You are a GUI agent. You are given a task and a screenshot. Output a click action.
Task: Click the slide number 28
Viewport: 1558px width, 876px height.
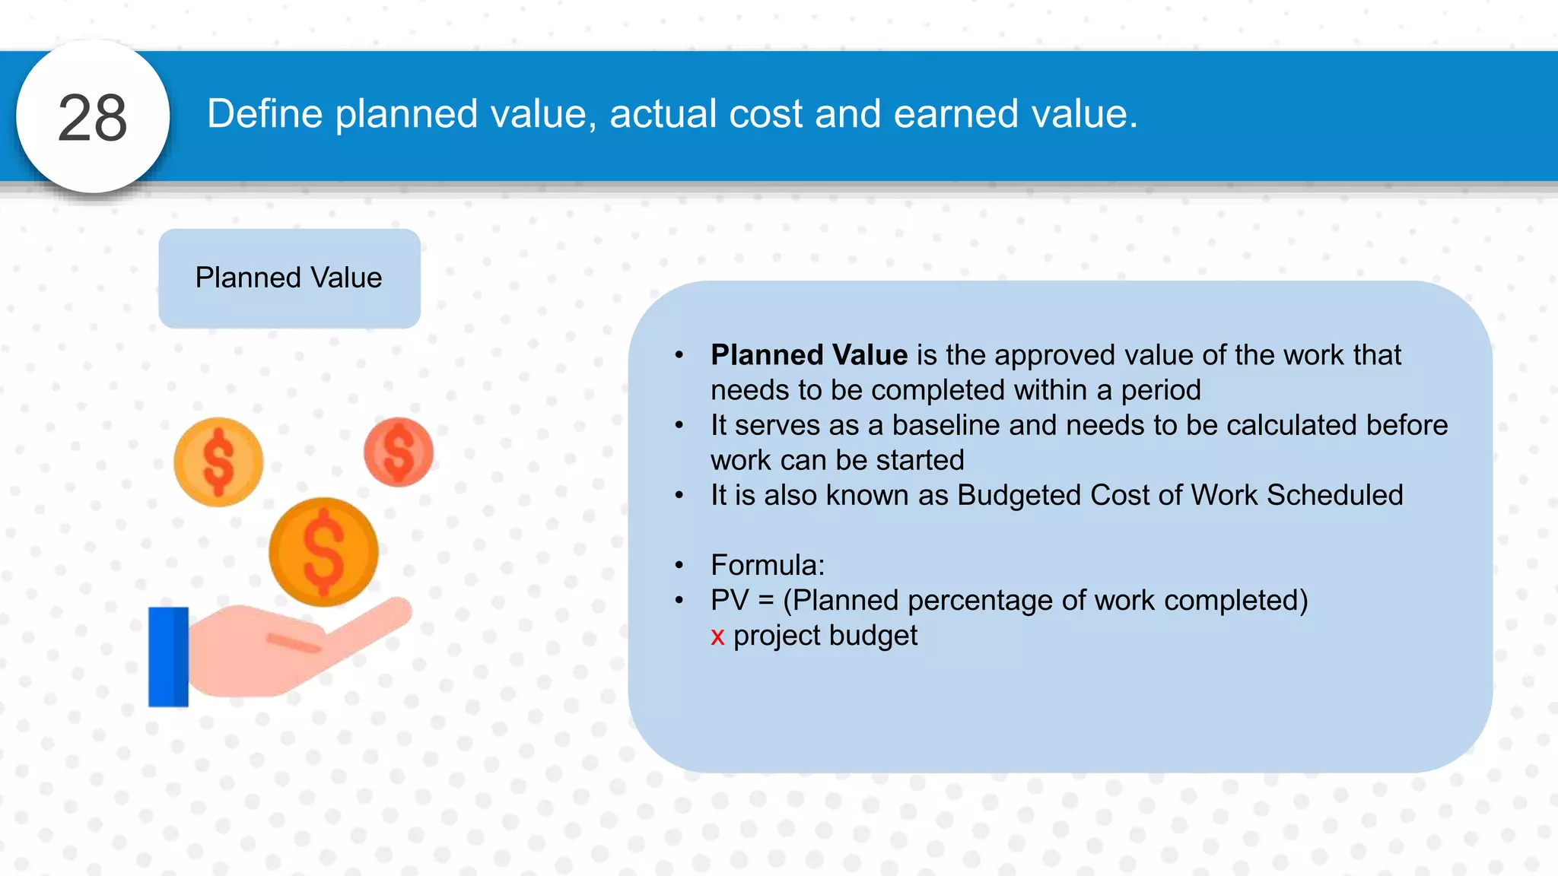92,117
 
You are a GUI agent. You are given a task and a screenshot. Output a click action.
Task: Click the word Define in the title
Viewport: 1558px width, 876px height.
265,114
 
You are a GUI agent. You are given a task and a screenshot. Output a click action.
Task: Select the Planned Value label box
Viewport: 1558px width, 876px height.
289,278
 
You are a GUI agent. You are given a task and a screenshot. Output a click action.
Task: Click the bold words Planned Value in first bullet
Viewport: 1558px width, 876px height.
809,355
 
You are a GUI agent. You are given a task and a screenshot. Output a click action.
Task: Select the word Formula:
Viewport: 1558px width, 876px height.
767,565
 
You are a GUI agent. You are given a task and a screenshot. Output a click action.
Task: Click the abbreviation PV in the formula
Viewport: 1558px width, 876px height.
730,600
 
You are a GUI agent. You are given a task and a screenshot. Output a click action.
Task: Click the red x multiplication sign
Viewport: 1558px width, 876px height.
717,636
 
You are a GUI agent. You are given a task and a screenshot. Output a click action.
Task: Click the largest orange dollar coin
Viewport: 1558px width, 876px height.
323,551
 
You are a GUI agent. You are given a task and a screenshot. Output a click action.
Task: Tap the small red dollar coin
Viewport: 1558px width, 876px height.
399,452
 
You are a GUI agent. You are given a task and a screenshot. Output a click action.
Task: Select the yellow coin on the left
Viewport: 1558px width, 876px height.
218,462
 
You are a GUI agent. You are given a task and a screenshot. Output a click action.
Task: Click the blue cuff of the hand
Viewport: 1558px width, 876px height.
168,657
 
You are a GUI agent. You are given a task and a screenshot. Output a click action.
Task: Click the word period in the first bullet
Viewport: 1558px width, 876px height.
1160,390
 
